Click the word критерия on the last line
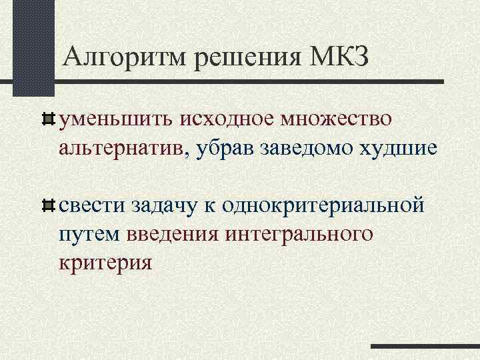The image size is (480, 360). (x=106, y=263)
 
